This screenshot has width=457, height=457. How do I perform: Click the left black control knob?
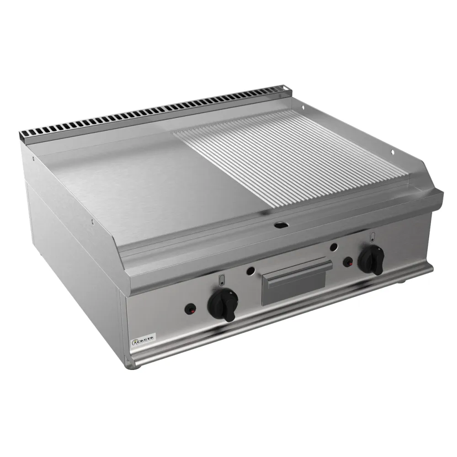pos(222,303)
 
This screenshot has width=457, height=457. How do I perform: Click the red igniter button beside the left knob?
pos(189,309)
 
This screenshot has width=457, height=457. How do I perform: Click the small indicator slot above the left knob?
pos(222,280)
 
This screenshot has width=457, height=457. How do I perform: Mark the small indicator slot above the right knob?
pos(372,237)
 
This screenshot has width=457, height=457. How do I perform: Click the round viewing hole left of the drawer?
pos(250,271)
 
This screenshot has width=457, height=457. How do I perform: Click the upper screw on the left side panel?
pos(34,159)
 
